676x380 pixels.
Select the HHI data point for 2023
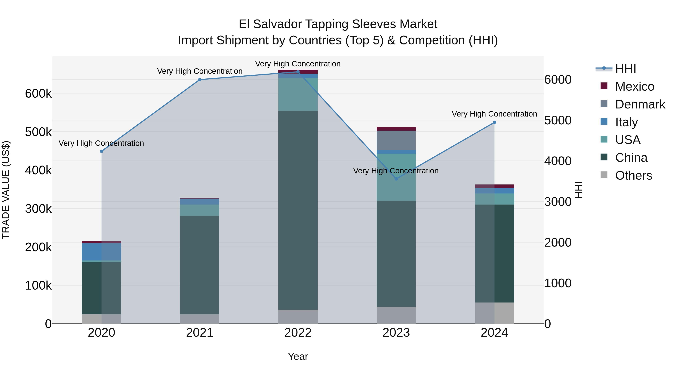point(396,179)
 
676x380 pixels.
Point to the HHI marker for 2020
point(102,151)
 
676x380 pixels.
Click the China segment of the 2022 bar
point(298,210)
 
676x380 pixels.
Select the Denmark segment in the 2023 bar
point(396,140)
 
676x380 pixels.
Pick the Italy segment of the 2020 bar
point(102,252)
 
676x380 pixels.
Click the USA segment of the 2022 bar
point(298,94)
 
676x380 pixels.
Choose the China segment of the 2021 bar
point(200,265)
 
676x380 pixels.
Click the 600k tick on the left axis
point(38,94)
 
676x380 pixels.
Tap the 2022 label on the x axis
point(298,333)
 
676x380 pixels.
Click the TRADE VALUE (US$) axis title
point(6,190)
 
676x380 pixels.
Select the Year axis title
point(298,356)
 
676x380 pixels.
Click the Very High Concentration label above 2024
point(494,114)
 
